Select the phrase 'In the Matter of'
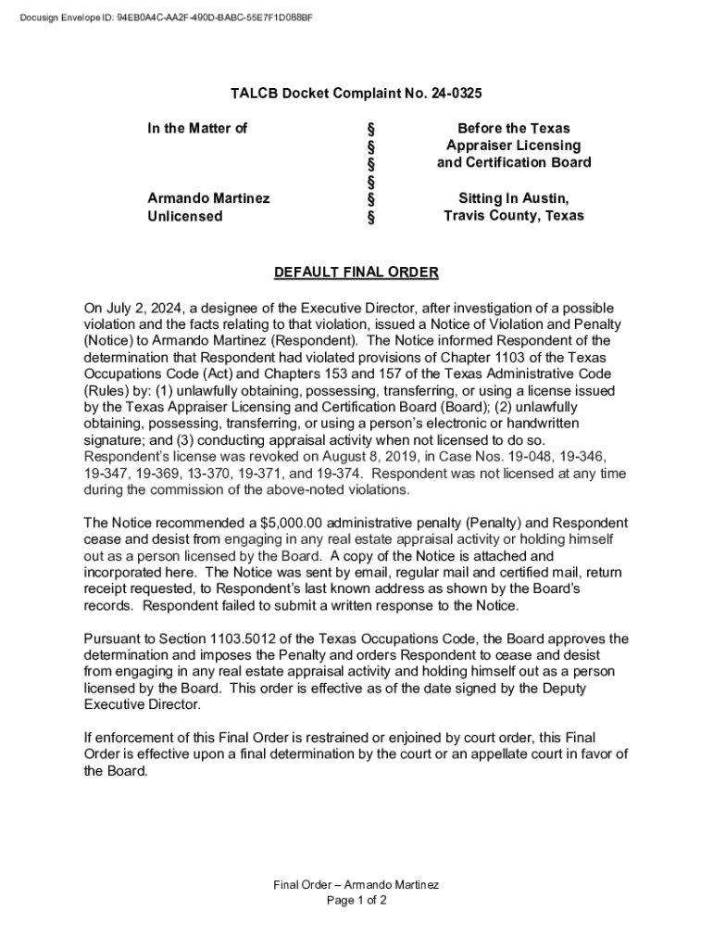pyautogui.click(x=197, y=128)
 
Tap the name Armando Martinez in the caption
pyautogui.click(x=208, y=198)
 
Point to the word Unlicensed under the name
pyautogui.click(x=185, y=216)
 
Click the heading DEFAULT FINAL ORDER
pyautogui.click(x=356, y=272)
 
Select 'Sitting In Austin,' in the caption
pyautogui.click(x=513, y=198)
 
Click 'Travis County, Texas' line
pyautogui.click(x=513, y=216)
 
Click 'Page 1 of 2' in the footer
pyautogui.click(x=356, y=900)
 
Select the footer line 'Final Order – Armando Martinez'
pyautogui.click(x=356, y=884)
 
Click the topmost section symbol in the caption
pyautogui.click(x=371, y=128)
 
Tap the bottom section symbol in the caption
pyautogui.click(x=371, y=218)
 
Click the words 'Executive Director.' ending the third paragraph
pyautogui.click(x=142, y=705)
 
